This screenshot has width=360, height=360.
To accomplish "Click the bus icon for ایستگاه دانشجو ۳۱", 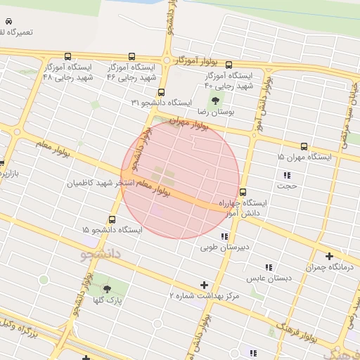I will pos(162,92).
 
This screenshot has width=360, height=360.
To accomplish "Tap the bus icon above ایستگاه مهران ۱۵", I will pos(304,147).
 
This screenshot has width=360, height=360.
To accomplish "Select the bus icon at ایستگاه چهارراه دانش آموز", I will pos(243,192).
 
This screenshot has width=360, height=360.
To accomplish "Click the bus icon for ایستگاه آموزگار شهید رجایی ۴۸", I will pos(67,57).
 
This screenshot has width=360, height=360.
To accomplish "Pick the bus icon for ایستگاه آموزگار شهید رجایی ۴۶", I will pos(131,57).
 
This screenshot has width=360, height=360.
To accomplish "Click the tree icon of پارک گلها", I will pos(107,290).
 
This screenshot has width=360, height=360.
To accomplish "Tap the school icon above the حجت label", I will pos(287,175).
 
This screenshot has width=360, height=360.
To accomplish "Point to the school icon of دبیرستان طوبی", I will pos(224,237).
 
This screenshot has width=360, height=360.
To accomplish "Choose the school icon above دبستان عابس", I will pos(268,267).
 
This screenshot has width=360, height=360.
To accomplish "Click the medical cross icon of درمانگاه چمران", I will pos(329,257).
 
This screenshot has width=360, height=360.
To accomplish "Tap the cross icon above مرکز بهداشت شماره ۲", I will pos(205,285).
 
